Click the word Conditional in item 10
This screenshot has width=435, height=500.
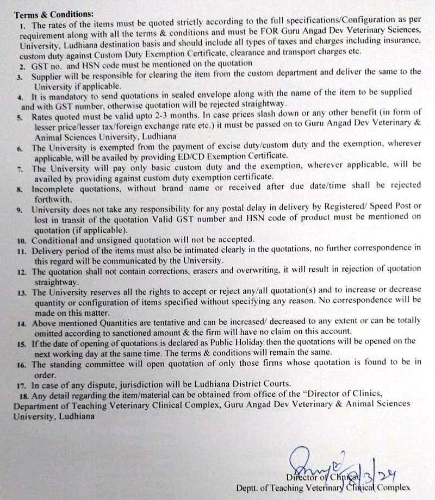54,239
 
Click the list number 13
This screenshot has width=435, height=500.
22,292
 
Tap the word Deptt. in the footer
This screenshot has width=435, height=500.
248,488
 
